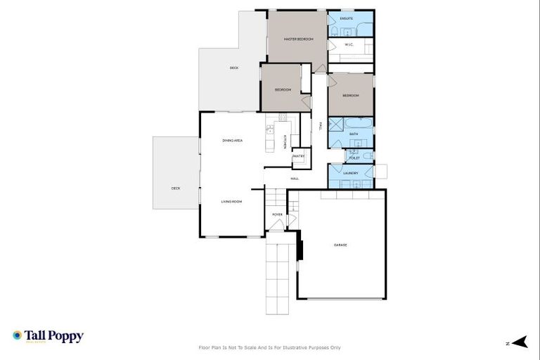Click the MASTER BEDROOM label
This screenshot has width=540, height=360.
(x=297, y=39)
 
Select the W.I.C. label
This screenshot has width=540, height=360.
(x=349, y=45)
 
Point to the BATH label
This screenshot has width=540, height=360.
(x=354, y=134)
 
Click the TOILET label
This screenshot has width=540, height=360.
(x=354, y=158)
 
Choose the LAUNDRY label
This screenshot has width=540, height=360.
(x=351, y=172)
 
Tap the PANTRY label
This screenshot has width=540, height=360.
(x=298, y=156)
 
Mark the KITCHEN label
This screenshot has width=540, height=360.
(x=285, y=141)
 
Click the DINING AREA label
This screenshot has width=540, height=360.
(x=233, y=141)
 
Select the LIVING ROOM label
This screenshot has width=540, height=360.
(x=231, y=202)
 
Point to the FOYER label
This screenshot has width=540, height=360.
(x=277, y=214)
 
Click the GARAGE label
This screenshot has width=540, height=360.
(x=340, y=245)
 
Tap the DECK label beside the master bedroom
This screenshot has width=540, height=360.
(x=234, y=67)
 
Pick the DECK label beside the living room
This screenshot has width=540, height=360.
(x=176, y=188)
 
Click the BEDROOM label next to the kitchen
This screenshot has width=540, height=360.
(x=283, y=89)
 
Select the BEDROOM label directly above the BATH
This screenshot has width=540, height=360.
(x=350, y=95)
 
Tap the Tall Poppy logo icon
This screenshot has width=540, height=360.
(x=17, y=336)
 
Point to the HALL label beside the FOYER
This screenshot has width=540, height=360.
(x=294, y=178)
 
